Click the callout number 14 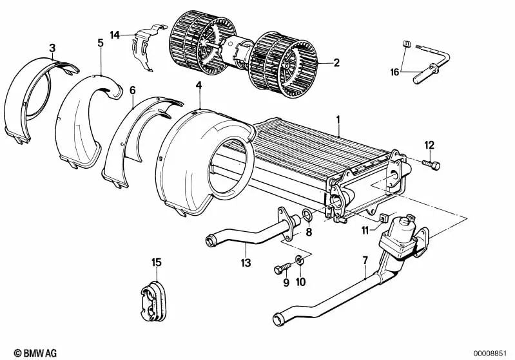tap(115, 35)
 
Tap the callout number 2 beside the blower tap(336, 62)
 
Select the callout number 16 tap(394, 71)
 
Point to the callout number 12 tap(429, 145)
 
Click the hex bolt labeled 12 tap(432, 165)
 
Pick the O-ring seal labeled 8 tap(307, 215)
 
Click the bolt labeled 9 tap(282, 268)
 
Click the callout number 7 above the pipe tap(365, 260)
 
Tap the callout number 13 tap(246, 263)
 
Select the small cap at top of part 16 tap(406, 44)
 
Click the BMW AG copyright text tap(35, 353)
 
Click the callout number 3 tap(52, 48)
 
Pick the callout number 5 tap(101, 43)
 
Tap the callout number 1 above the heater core tap(338, 120)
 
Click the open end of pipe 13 tap(209, 242)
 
